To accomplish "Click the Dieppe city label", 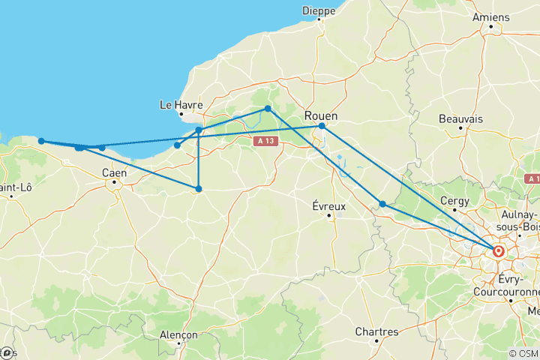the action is click(319, 10).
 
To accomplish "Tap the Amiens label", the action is click(491, 17).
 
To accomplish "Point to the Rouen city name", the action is click(321, 115).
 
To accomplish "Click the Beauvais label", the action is click(460, 119).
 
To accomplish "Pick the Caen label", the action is click(114, 172).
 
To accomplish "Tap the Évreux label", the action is click(328, 205).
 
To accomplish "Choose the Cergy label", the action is click(455, 201).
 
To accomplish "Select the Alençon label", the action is click(179, 334).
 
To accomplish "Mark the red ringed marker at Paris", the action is click(497, 250).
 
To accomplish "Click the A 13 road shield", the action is click(263, 140).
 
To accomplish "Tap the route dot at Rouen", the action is click(322, 126).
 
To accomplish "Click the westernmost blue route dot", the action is click(41, 141).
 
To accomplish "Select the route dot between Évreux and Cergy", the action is click(382, 204).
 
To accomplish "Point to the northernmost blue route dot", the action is click(268, 109).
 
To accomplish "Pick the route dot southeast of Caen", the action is click(199, 189).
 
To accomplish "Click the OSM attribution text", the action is click(523, 353).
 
